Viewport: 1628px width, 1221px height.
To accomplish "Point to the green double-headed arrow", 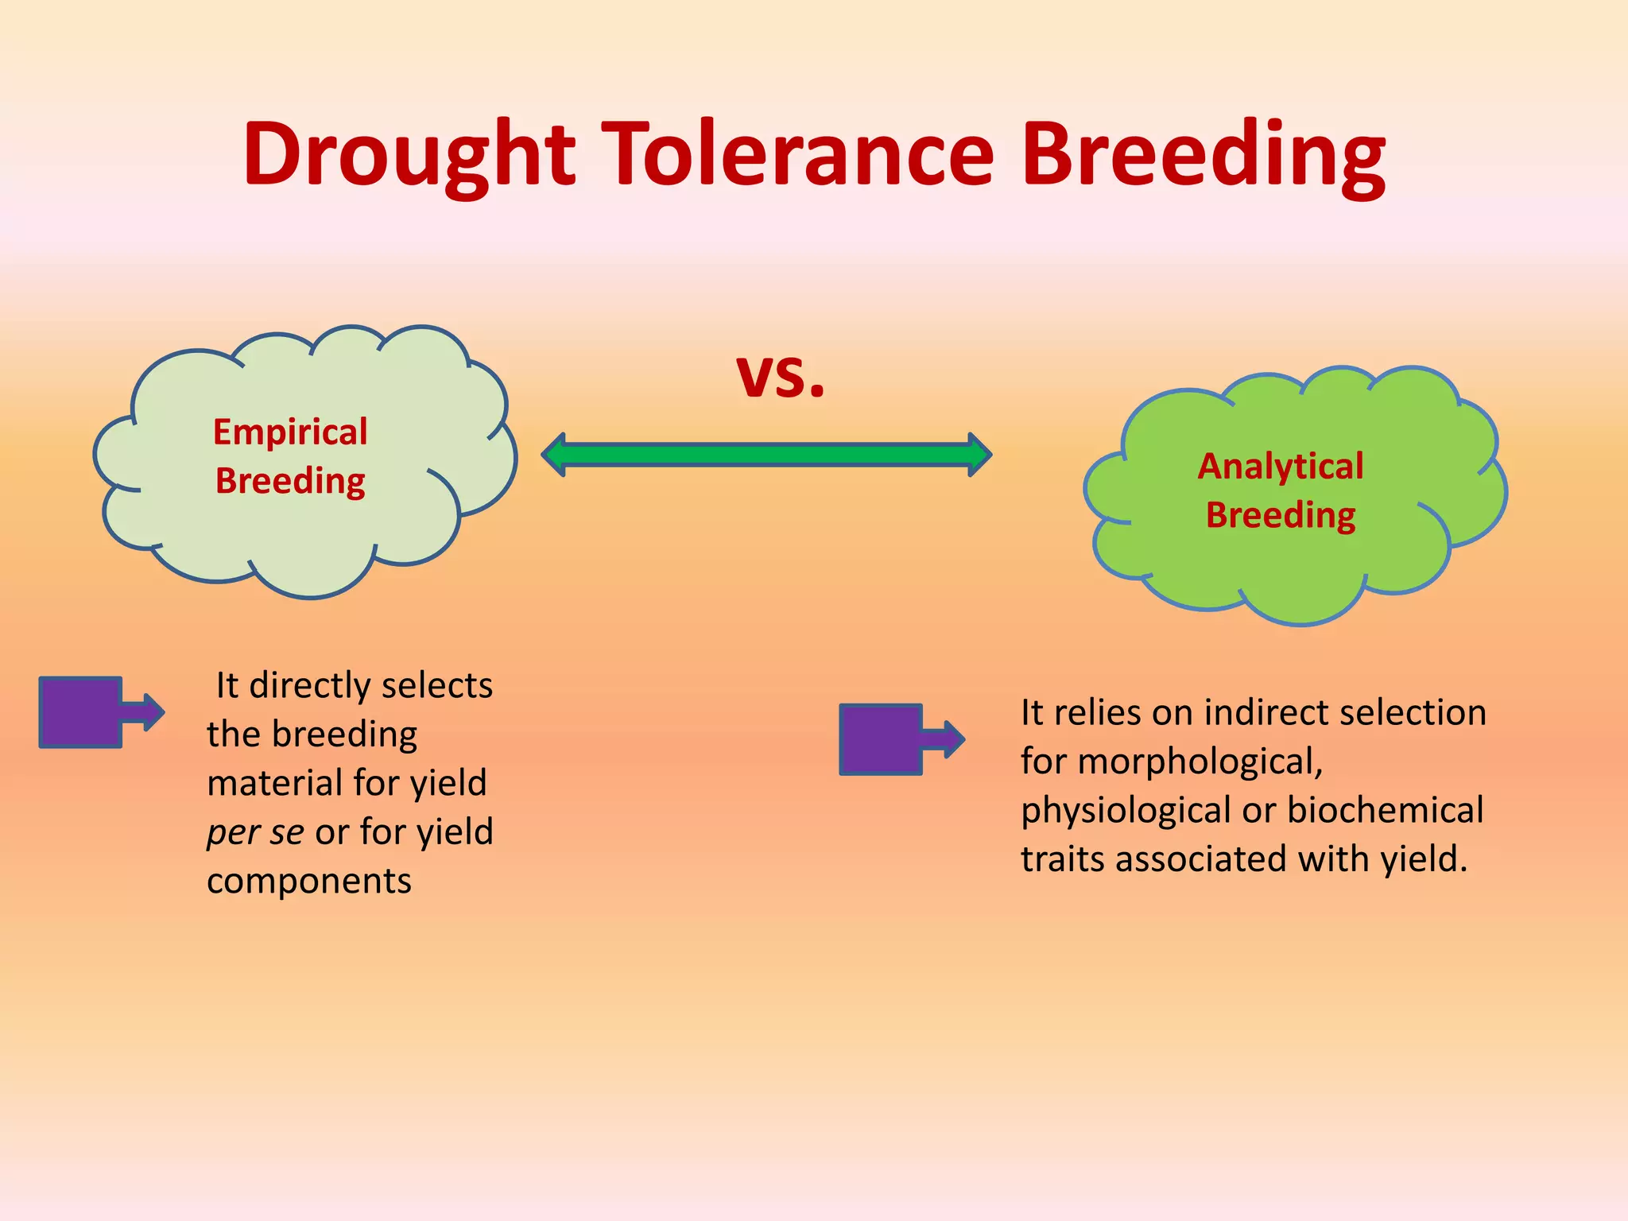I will [766, 455].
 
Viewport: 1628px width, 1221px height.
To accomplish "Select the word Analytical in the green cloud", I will [1280, 467].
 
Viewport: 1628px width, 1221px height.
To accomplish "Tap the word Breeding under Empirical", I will [290, 482].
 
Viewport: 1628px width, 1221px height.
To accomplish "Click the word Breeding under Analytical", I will [1280, 516].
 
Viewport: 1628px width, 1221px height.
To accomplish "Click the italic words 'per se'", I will [254, 832].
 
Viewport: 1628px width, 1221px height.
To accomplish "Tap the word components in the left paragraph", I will [309, 881].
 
